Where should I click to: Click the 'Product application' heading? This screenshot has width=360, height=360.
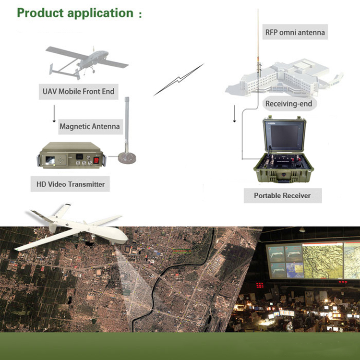tap(75, 13)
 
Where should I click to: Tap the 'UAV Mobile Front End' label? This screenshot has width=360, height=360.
tap(79, 91)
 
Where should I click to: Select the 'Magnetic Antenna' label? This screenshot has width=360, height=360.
tap(90, 126)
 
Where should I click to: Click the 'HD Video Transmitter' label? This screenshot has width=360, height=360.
tap(71, 184)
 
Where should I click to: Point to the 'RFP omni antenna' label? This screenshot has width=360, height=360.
tap(295, 32)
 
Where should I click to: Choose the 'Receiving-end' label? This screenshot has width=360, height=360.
tap(288, 104)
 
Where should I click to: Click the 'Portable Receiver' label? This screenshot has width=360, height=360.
tap(282, 196)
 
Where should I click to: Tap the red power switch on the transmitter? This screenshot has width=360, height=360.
tap(96, 160)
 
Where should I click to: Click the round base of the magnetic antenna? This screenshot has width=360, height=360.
tap(127, 158)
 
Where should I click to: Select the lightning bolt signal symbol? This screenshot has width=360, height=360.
tap(179, 80)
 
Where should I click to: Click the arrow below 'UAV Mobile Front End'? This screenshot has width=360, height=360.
tap(54, 114)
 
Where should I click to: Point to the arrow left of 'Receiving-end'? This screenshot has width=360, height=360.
tap(234, 114)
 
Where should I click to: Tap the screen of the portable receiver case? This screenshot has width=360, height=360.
tap(284, 136)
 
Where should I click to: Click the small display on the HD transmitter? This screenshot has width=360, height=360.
tap(50, 160)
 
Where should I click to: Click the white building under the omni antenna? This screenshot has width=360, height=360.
tap(284, 78)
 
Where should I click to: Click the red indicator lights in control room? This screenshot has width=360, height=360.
tap(260, 285)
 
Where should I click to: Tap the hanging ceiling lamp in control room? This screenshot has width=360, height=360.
tap(302, 229)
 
